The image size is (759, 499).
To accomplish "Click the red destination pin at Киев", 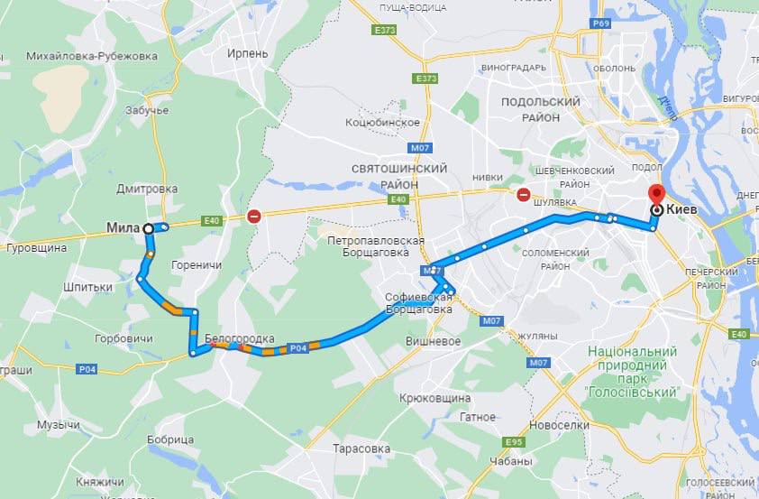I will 655,195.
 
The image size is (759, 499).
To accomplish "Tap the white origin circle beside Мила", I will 149,229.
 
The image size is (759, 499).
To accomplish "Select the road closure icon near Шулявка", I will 524,194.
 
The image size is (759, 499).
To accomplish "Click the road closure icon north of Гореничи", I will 255,217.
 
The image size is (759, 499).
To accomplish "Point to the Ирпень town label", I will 248,53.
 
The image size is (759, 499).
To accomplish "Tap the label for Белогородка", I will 240,339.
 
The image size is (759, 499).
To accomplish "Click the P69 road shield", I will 602,22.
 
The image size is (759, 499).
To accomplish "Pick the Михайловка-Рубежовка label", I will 79,56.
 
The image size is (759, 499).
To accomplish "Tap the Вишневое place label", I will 433,342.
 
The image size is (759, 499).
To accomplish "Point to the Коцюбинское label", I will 382,122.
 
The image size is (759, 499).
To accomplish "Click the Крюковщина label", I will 434,398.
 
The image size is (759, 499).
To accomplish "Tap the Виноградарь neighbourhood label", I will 514,68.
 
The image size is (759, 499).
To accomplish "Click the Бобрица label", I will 168,439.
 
